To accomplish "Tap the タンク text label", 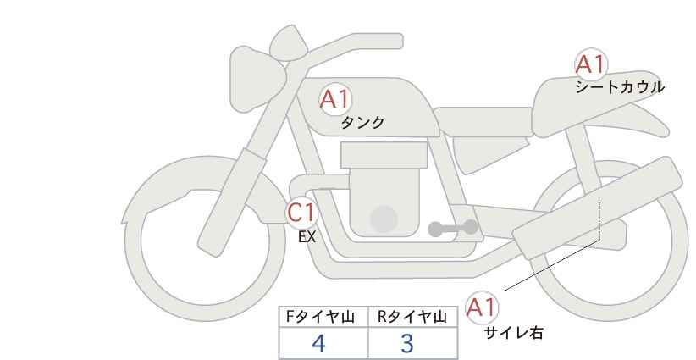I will [362, 123].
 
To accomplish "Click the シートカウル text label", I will [619, 87].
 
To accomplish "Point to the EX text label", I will [307, 237].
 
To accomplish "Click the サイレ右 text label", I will [513, 333].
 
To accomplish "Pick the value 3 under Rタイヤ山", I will [407, 344].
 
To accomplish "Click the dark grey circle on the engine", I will [384, 219].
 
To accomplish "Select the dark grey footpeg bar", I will [454, 228].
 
